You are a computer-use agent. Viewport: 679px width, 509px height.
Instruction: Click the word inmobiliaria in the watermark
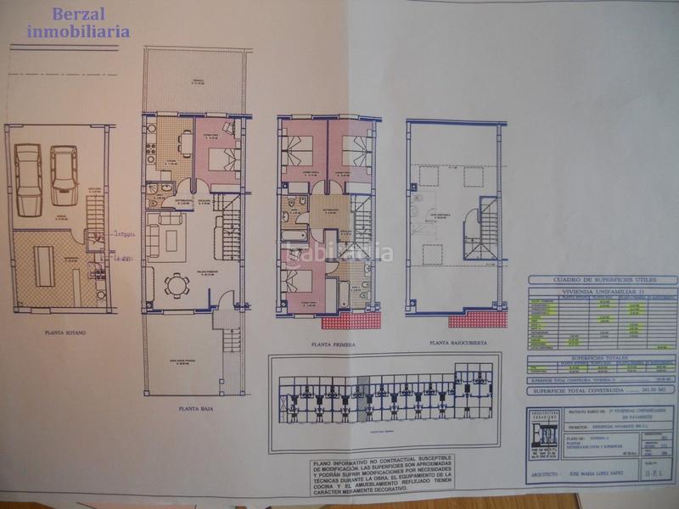pos(78,31)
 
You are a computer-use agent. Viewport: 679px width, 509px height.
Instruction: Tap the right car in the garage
pos(64,174)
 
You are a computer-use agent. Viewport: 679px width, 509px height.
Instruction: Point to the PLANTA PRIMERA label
pos(333,345)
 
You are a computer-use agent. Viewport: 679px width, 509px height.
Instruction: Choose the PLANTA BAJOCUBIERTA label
pos(459,344)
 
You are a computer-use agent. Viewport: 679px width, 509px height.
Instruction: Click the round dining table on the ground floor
pos(177,285)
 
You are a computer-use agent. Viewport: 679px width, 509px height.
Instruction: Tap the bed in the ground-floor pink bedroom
pos(220,159)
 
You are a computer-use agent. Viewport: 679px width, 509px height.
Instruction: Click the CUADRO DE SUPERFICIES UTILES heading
pos(600,279)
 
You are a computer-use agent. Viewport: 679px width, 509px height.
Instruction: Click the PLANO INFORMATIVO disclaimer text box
pos(382,468)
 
